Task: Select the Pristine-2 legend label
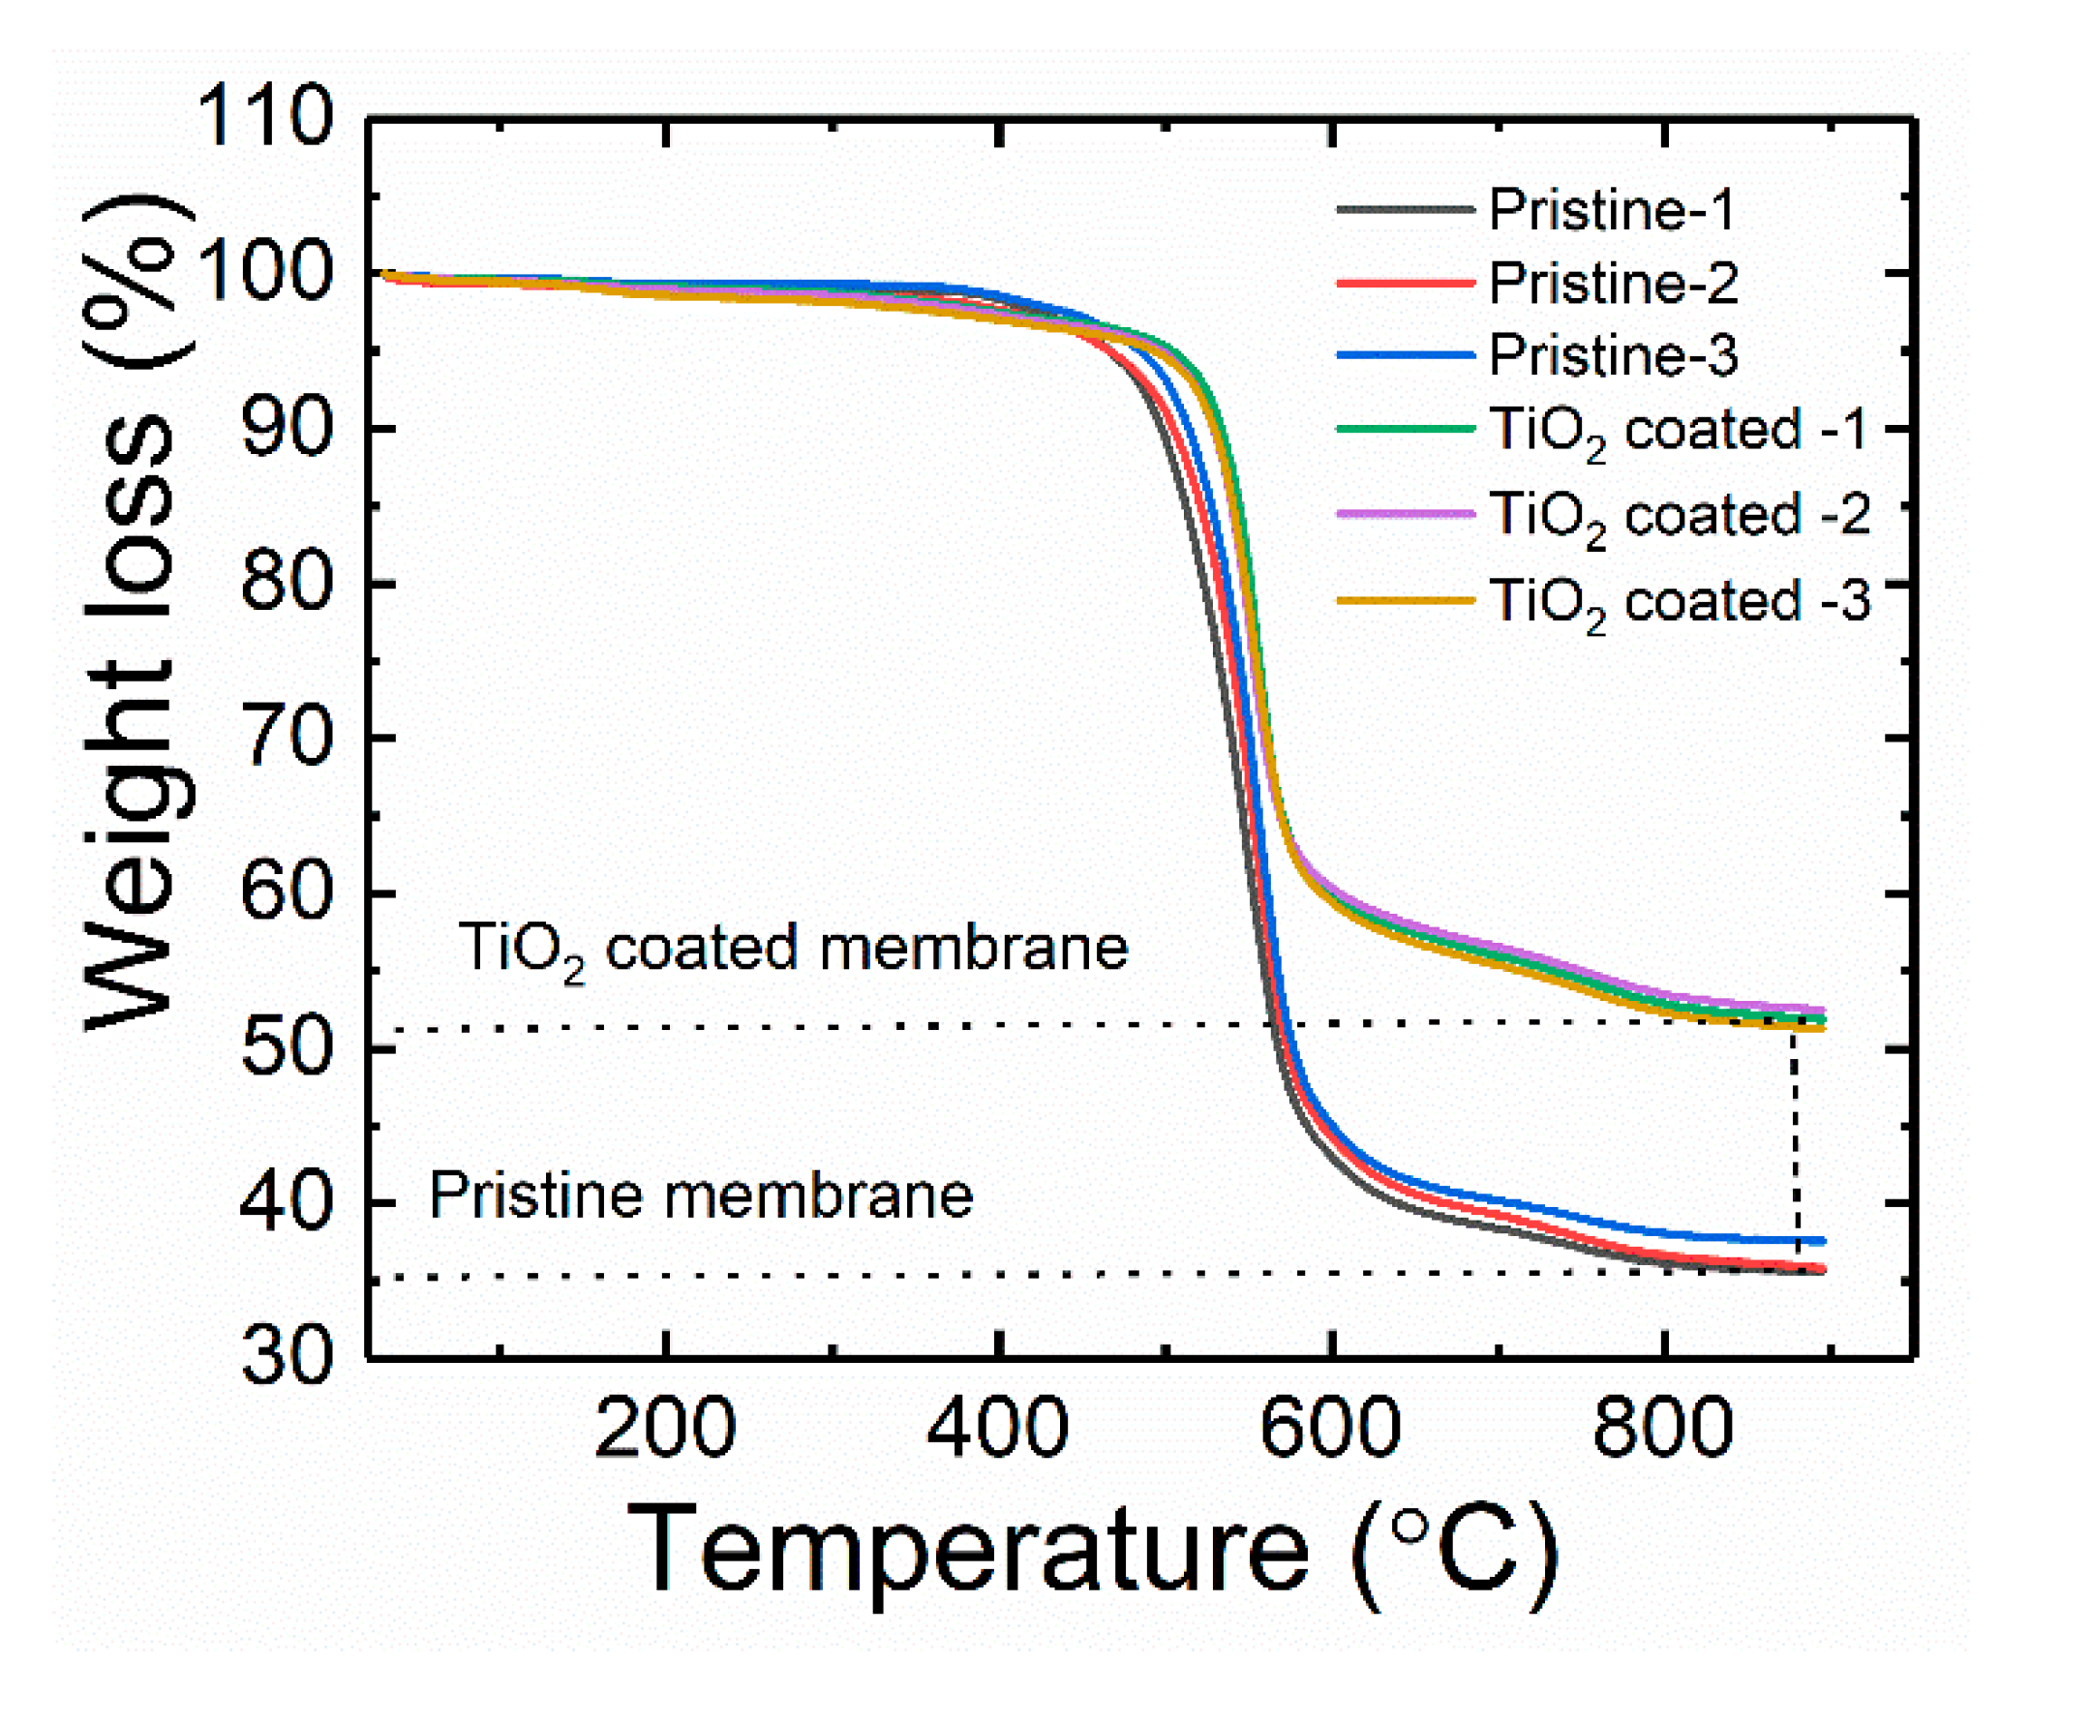tap(1613, 283)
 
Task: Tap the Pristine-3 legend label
tap(1613, 355)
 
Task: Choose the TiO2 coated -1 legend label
tap(1678, 432)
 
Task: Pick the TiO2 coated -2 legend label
tap(1680, 518)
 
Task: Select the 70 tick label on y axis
tap(285, 738)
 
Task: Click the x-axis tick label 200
tap(664, 1429)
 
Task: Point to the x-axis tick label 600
tap(1329, 1429)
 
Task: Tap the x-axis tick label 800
tap(1663, 1429)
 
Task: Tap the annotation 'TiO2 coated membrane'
tap(791, 949)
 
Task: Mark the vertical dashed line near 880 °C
tap(1795, 1142)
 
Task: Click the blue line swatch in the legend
tap(1404, 355)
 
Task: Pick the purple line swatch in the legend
tap(1404, 514)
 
